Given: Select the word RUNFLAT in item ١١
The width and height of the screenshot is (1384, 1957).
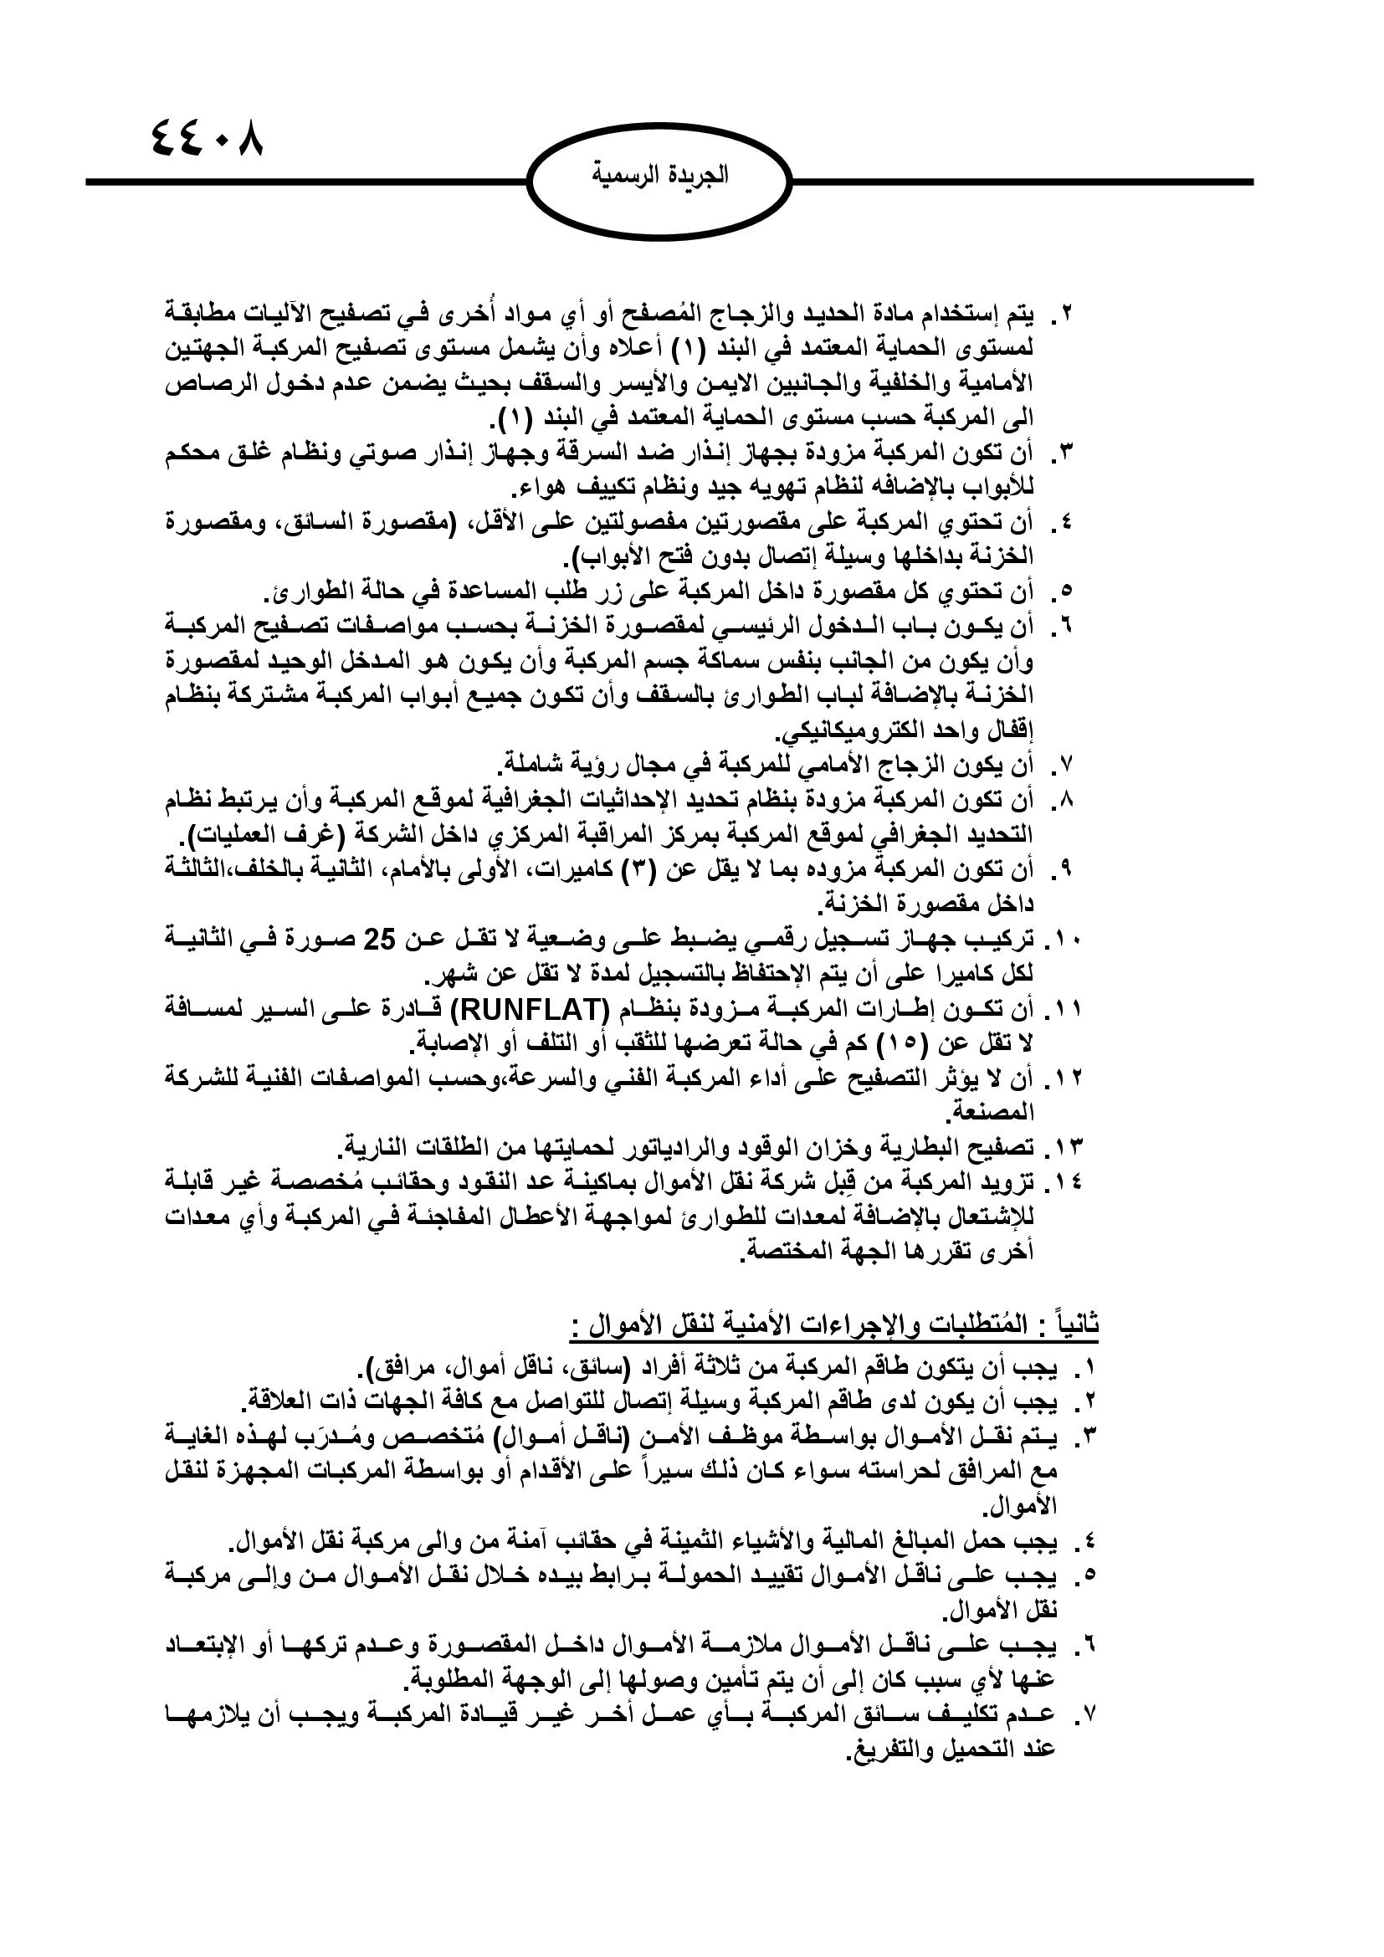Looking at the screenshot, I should click(x=519, y=1011).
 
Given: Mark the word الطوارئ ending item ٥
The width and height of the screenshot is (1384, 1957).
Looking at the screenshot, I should click(x=310, y=592).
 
